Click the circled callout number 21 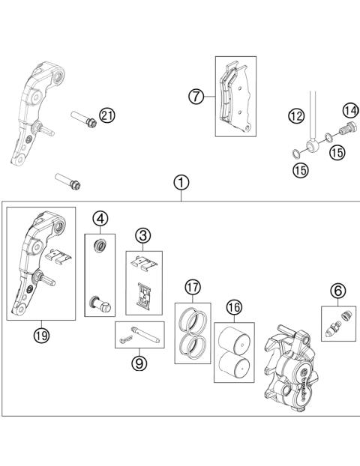point(106,115)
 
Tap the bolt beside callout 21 point(82,119)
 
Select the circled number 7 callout point(195,96)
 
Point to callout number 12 point(296,115)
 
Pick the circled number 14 point(349,112)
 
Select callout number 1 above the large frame point(181,182)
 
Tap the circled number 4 point(100,220)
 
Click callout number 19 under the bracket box point(40,335)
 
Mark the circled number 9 point(138,363)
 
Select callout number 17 point(193,287)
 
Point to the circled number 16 point(234,306)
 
